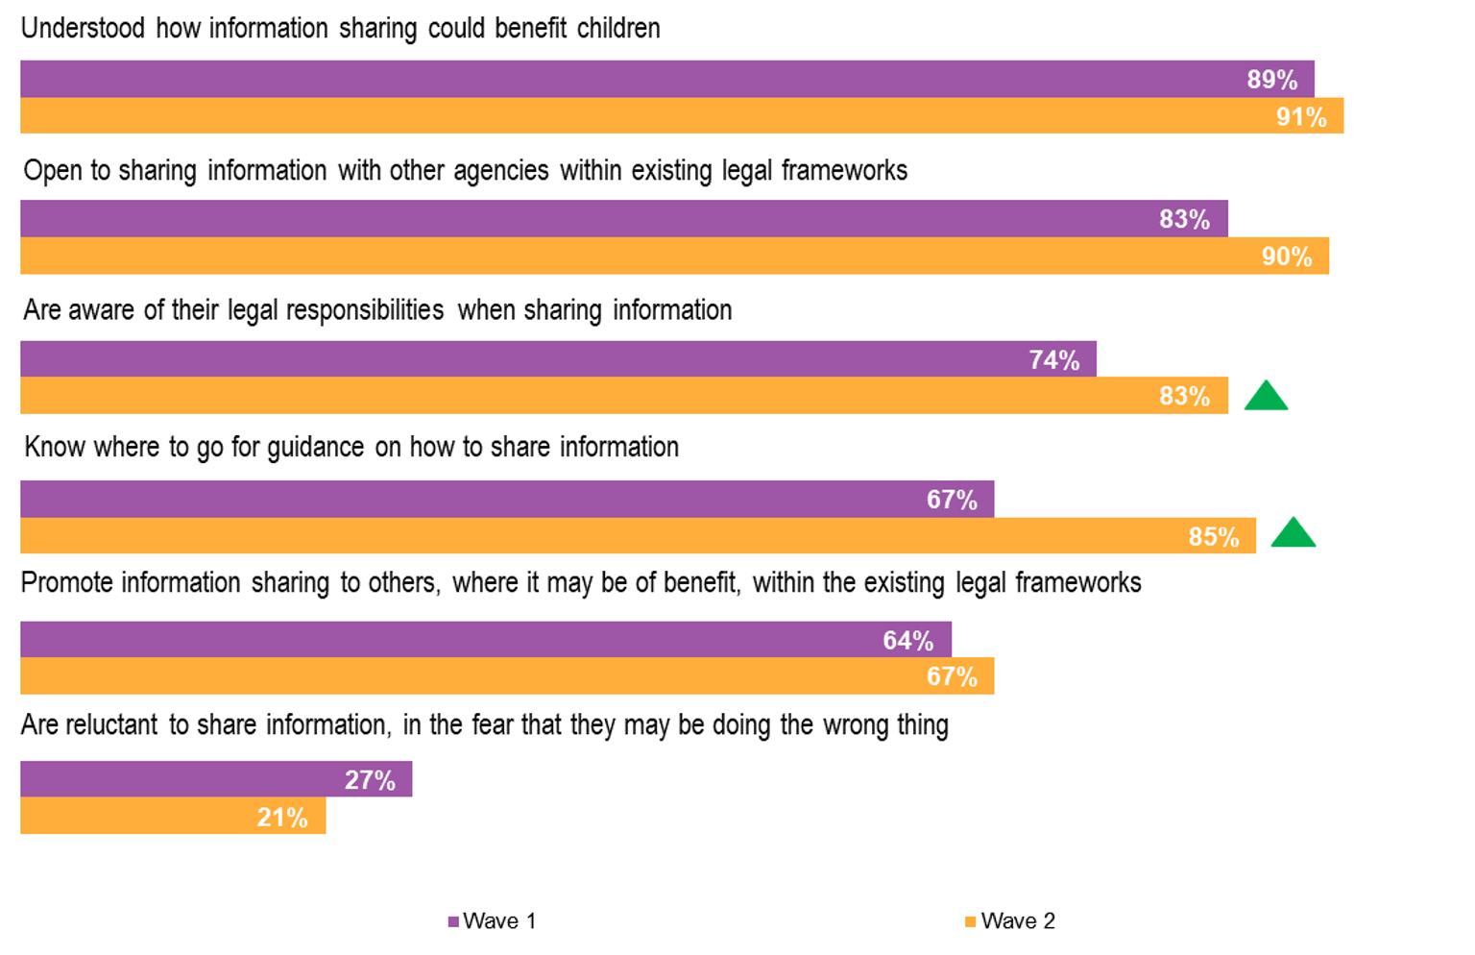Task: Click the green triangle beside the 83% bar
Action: click(x=1266, y=397)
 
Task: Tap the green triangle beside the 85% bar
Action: click(x=1293, y=533)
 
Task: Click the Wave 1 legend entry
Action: click(x=492, y=921)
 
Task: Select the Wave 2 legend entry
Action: click(x=1010, y=921)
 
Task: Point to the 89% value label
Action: click(x=1271, y=80)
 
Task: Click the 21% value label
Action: click(x=282, y=818)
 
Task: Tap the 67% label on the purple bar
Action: click(x=952, y=500)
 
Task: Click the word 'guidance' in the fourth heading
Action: click(x=316, y=448)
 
